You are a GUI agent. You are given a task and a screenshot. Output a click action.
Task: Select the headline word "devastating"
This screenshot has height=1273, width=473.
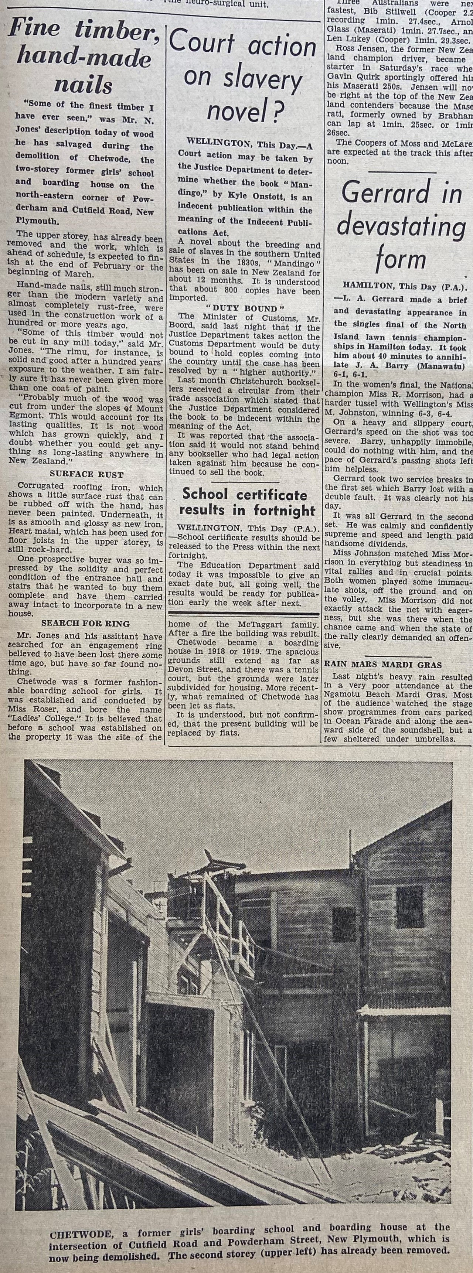(x=401, y=227)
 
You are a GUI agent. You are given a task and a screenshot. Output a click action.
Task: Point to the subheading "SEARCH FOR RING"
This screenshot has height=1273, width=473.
(x=85, y=624)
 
